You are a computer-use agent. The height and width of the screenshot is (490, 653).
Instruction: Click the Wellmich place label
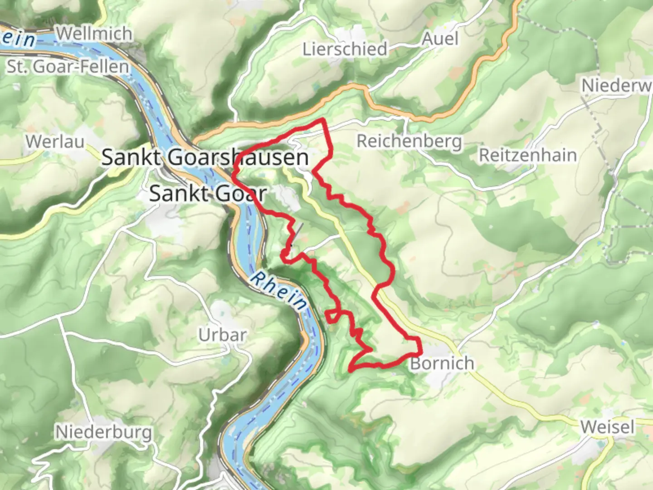94,34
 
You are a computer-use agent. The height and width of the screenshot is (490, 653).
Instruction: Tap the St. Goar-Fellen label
68,67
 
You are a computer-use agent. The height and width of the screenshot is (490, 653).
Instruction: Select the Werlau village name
55,141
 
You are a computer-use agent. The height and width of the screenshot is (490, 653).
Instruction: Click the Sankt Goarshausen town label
205,157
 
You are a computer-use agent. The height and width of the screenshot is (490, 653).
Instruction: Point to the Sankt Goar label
207,194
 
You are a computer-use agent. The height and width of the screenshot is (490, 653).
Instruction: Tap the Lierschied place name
345,49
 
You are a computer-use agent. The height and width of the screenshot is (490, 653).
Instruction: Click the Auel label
440,39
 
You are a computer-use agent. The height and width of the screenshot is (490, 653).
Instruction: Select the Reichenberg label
409,141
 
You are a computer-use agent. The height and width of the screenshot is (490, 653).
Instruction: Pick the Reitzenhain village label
528,155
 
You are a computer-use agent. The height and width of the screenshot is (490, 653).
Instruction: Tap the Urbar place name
222,335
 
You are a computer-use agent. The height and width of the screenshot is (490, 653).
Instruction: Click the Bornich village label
442,363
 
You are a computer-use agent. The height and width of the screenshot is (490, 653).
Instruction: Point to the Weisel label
607,427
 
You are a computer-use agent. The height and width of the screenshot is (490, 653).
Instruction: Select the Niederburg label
103,431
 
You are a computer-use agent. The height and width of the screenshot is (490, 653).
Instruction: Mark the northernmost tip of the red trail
323,119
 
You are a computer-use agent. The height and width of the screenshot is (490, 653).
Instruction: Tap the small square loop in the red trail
332,317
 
